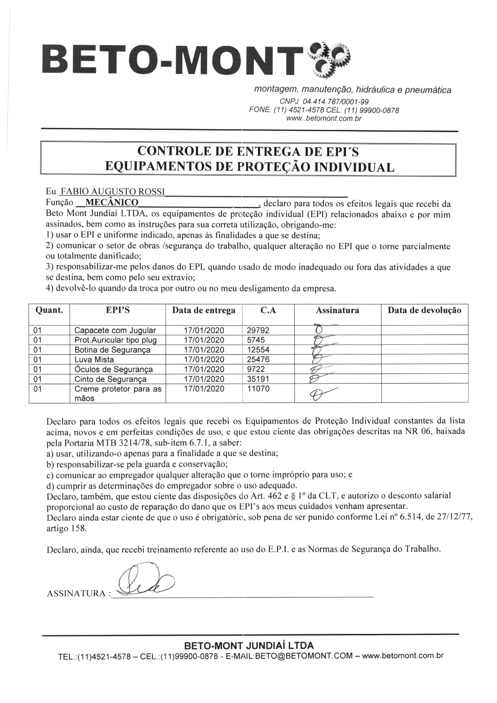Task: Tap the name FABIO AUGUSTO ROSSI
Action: (113, 192)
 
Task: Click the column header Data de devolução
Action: (424, 311)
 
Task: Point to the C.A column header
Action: (268, 311)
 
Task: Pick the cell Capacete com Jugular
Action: (115, 330)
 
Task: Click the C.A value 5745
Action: (256, 340)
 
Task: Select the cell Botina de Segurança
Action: (112, 350)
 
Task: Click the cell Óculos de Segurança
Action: (113, 370)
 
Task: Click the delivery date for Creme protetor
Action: (204, 389)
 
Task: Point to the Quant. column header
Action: (49, 311)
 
